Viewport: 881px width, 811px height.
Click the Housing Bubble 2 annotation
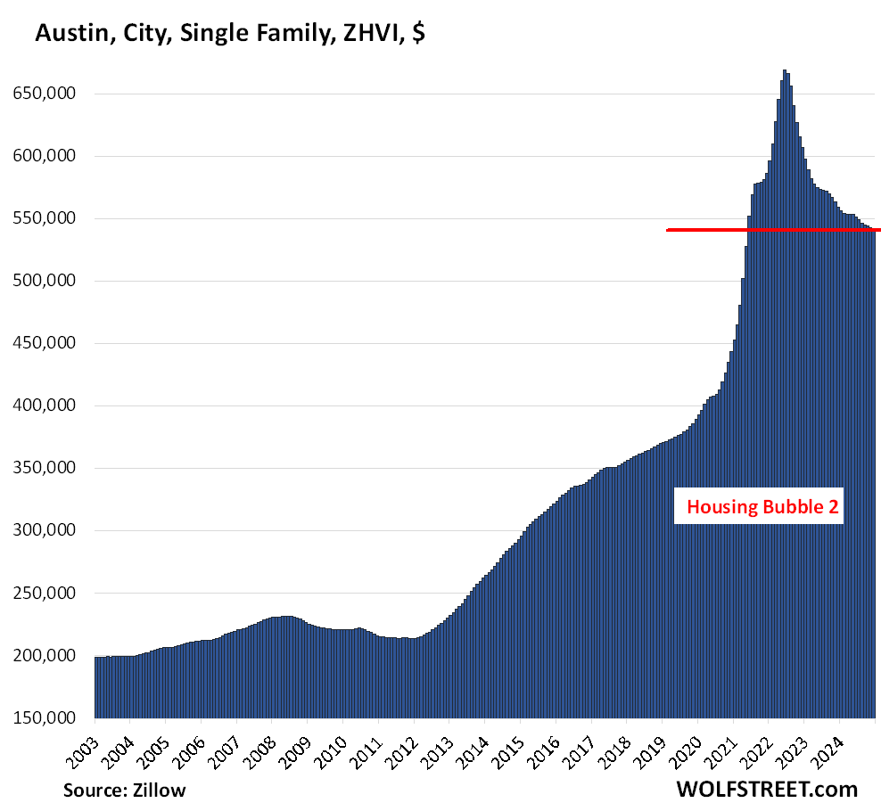758,508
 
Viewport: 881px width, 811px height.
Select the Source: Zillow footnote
125,790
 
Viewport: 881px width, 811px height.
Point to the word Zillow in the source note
160,790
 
